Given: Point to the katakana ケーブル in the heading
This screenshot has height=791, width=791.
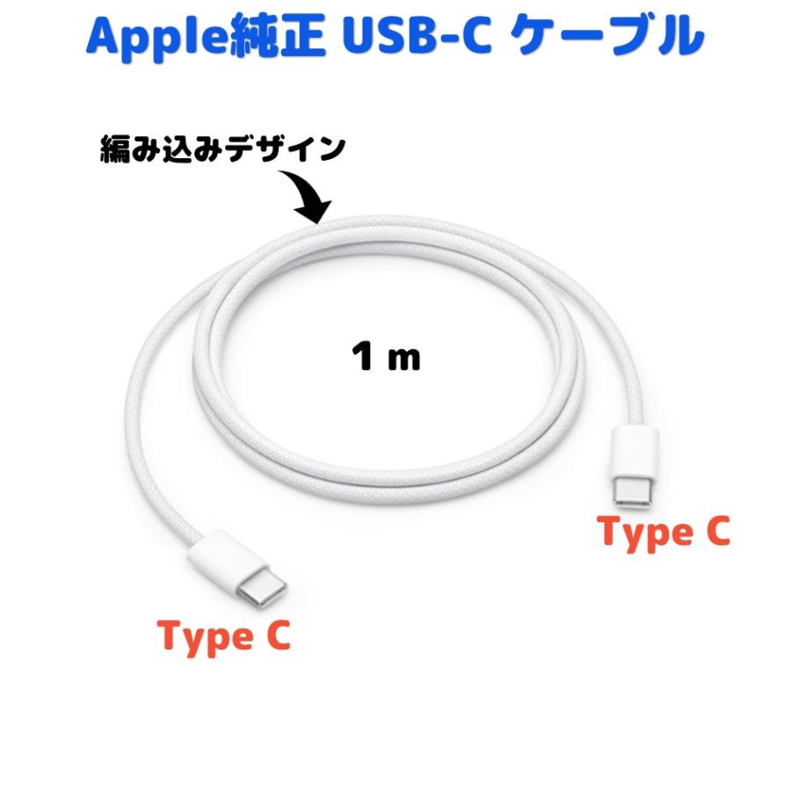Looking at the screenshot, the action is point(610,36).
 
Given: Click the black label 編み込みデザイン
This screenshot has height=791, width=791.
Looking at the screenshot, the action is point(222,149).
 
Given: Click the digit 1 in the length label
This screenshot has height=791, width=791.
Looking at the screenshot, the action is point(363,356).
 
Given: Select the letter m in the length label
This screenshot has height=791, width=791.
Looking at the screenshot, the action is point(403,360).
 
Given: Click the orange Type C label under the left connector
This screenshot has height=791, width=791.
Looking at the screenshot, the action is point(224,636).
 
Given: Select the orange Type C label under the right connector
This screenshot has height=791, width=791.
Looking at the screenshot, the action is point(664,533).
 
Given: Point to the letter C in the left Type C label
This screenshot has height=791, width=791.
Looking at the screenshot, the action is point(278,635).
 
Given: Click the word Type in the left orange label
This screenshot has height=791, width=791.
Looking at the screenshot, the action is point(205,638).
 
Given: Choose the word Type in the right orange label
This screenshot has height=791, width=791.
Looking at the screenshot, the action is point(645,534).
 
